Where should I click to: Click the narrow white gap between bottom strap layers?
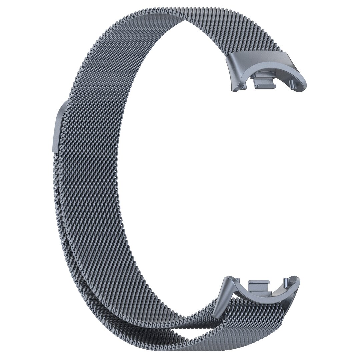coord(187,333)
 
